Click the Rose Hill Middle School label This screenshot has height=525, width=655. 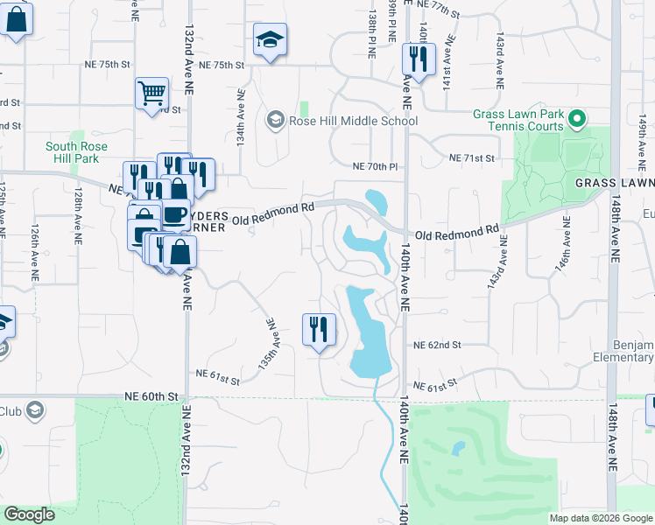point(353,121)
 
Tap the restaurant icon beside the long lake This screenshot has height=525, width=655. point(319,329)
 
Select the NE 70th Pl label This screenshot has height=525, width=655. point(375,166)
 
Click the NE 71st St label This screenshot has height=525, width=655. point(472,157)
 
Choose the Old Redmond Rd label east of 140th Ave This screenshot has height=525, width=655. point(456,234)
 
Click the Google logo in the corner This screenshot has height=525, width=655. point(29,514)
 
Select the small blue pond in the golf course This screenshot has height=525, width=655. point(458,449)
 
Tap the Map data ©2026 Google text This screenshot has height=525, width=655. point(600,518)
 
